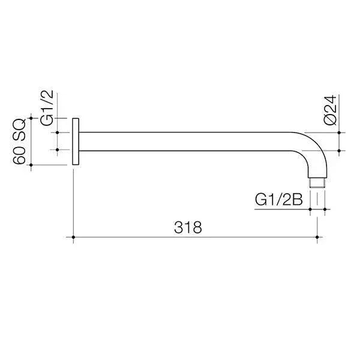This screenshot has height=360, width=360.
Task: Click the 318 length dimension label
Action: pyautogui.click(x=188, y=227)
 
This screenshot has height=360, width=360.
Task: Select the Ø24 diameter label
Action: pyautogui.click(x=331, y=110)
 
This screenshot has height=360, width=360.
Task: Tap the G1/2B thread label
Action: pyautogui.click(x=279, y=200)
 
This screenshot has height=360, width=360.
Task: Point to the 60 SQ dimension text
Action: pyautogui.click(x=19, y=142)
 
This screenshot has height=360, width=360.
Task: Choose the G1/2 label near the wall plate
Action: pyautogui.click(x=47, y=108)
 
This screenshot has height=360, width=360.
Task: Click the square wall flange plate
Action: pyautogui.click(x=76, y=142)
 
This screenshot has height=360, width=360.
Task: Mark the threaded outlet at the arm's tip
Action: pyautogui.click(x=317, y=183)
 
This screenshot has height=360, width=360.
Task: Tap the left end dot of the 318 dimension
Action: pyautogui.click(x=73, y=237)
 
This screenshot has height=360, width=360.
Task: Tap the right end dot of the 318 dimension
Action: pyautogui.click(x=317, y=237)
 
